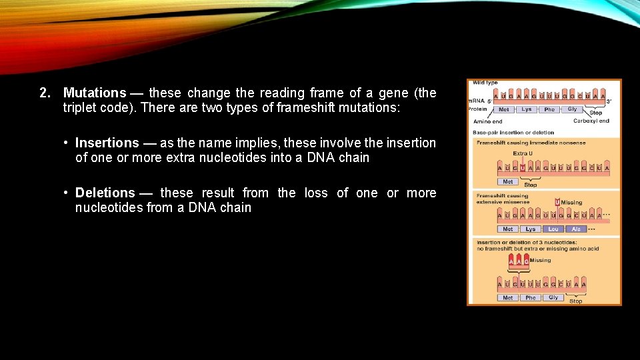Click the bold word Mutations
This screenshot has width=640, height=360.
(95, 93)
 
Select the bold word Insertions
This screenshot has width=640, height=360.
(107, 143)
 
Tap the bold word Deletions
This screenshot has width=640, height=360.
(105, 193)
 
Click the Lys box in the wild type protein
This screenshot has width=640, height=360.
(527, 109)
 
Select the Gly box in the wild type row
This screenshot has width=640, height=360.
(572, 109)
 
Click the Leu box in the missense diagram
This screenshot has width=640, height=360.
(553, 229)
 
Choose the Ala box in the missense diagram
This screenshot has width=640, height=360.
(576, 229)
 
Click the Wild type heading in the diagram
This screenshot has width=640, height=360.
(486, 83)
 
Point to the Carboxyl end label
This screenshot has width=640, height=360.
(591, 121)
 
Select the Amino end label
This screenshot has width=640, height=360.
(488, 122)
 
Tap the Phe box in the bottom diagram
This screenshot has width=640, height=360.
(531, 298)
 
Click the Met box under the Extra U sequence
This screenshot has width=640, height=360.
(507, 181)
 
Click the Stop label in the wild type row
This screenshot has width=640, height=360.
(595, 113)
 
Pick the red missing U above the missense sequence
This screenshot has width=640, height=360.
(557, 202)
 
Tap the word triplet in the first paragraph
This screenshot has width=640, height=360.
(78, 108)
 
